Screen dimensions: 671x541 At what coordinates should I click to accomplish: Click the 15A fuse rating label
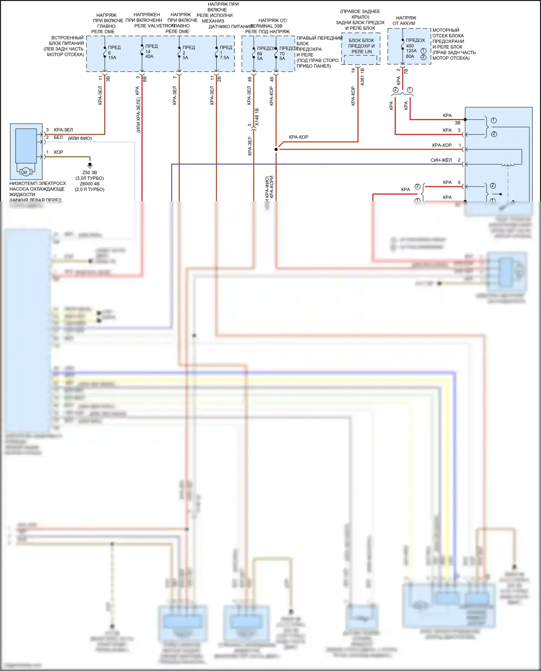click(112, 58)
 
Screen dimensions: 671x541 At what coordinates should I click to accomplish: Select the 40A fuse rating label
click(149, 57)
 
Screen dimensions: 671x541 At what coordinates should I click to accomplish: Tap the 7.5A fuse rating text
click(224, 58)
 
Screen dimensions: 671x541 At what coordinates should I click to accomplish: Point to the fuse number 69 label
click(260, 54)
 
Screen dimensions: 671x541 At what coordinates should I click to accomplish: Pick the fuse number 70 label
click(282, 54)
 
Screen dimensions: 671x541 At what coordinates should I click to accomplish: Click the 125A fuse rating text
click(411, 51)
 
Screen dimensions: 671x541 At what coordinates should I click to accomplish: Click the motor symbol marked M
click(25, 172)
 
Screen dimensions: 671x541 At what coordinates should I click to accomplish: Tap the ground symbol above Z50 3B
click(90, 165)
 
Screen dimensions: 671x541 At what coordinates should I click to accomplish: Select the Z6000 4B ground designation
click(89, 184)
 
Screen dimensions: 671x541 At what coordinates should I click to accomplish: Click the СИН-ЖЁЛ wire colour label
click(441, 160)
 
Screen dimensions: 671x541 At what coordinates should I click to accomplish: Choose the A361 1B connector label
click(362, 77)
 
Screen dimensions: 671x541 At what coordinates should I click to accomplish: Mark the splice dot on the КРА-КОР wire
click(276, 149)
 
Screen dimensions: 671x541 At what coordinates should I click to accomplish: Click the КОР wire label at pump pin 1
click(58, 153)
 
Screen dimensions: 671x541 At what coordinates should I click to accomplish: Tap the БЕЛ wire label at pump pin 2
click(58, 137)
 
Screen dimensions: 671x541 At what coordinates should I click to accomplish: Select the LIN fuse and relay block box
click(361, 50)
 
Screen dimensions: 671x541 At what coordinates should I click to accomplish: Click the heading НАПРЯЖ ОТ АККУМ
click(405, 21)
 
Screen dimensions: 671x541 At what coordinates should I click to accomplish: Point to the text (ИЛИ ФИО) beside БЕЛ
click(80, 138)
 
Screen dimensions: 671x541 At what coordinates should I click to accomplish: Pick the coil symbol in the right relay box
click(508, 165)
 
